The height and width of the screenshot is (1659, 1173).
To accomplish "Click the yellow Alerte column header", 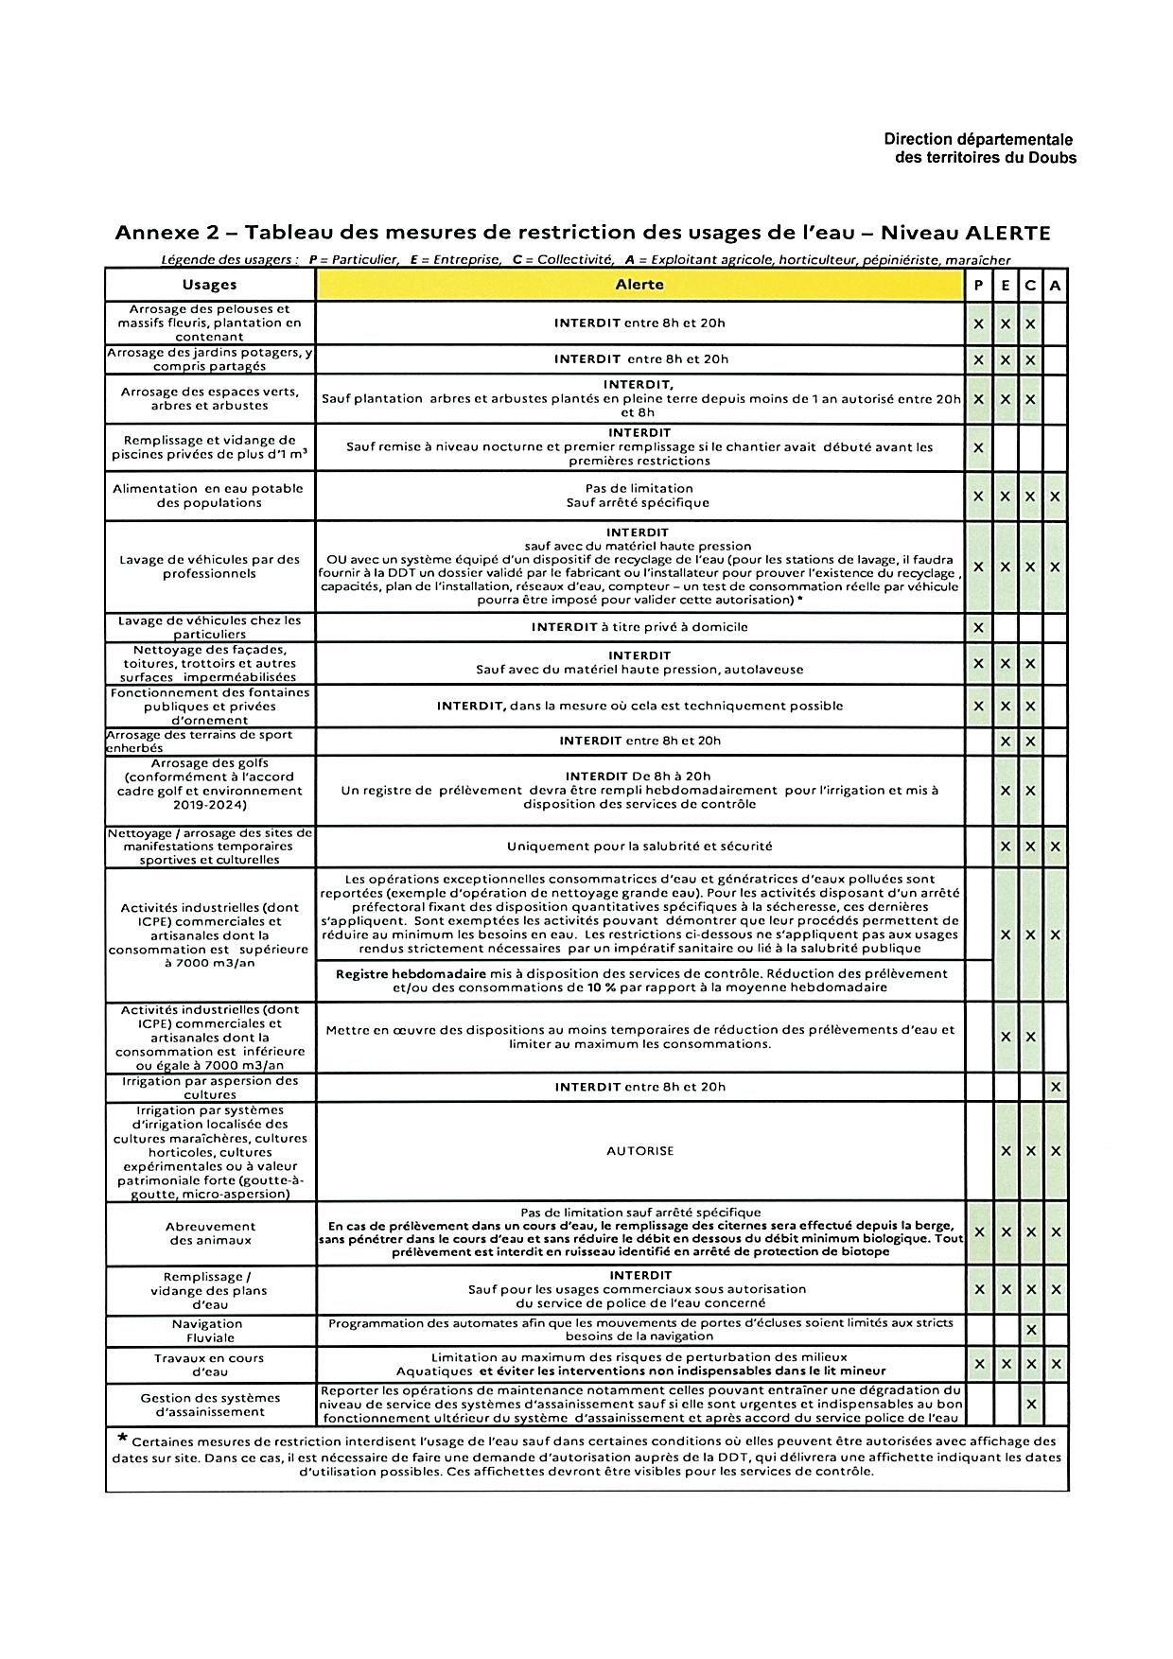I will pos(639,285).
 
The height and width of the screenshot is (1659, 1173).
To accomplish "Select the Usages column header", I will pos(209,285).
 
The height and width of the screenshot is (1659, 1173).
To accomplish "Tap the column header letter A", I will pos(1055,285).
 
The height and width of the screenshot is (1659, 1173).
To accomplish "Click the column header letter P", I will pos(978,285).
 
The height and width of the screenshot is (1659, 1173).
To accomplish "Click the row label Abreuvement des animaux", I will pos(210,1232).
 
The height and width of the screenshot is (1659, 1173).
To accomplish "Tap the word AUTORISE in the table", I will pos(639,1151).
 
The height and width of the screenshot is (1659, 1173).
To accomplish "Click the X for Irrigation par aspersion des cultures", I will pos(1055,1088).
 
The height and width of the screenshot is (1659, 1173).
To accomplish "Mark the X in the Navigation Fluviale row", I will pos(1030,1331).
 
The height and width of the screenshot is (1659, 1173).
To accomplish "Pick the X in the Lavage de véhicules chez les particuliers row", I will pos(978,627).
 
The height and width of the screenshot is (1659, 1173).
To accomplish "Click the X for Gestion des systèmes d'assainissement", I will pos(1030,1405).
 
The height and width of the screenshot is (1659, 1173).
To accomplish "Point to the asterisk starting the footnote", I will pos(122,1439).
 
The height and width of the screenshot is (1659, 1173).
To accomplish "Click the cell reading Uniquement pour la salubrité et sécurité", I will pos(639,847).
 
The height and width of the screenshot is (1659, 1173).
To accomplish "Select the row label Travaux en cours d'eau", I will pos(209,1364).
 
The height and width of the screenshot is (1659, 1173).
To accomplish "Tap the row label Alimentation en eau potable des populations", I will pos(208,496).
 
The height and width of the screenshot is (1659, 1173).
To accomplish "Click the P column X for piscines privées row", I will pos(978,447).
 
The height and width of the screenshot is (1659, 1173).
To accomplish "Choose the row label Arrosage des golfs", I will pos(209,784).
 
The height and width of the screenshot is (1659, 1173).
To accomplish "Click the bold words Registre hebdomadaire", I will pos(411,973).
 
